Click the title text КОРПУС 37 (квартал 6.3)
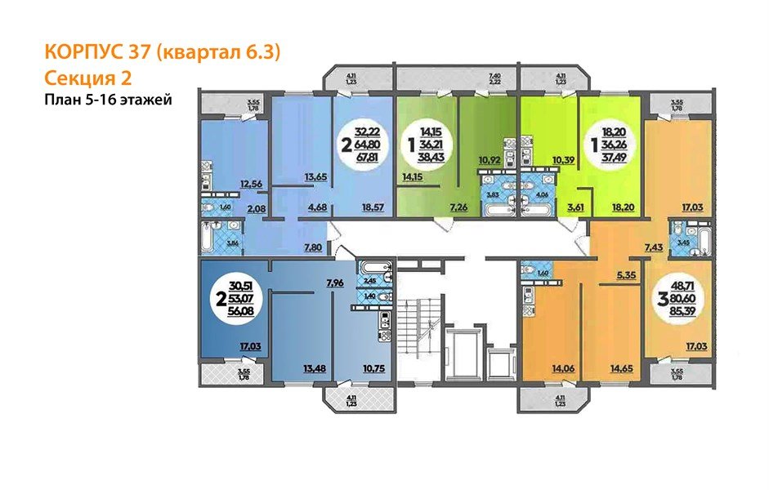[161, 53]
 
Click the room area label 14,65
[623, 368]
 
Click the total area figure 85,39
[680, 314]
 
